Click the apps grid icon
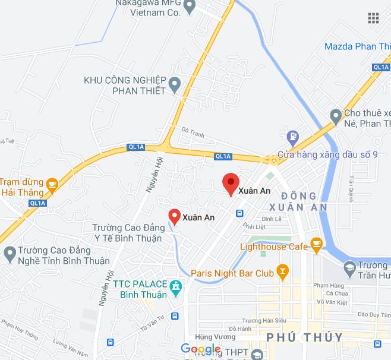[x=373, y=18]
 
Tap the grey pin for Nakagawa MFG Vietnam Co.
[x=190, y=8]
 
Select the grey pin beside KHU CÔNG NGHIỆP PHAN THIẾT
[x=175, y=85]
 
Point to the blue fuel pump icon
[x=292, y=137]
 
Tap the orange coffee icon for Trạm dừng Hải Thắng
[x=52, y=184]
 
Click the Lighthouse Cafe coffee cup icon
[x=316, y=243]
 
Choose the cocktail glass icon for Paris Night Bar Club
[x=283, y=273]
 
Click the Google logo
[x=200, y=349]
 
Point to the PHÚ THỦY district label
[x=304, y=337]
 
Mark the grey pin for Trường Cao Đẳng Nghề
[x=9, y=254]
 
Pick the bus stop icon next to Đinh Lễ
[x=239, y=213]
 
